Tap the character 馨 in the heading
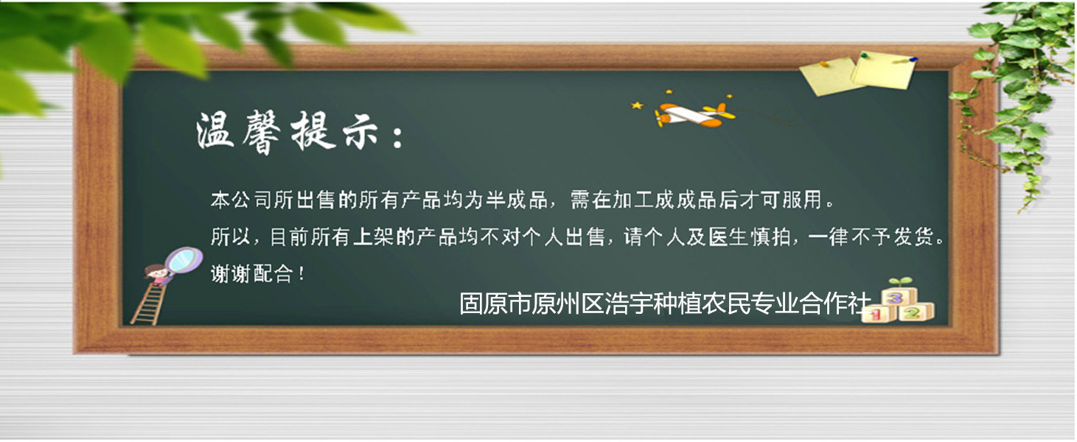(262, 132)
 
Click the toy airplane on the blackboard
(694, 115)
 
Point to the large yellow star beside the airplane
(637, 105)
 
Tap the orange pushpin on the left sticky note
(823, 63)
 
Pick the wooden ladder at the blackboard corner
(147, 304)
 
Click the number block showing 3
(895, 298)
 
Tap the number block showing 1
(878, 315)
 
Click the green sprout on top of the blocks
(900, 282)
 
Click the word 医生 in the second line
(728, 237)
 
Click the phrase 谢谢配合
(251, 274)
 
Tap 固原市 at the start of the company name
(495, 304)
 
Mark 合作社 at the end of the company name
(835, 304)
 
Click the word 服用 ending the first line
(803, 200)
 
